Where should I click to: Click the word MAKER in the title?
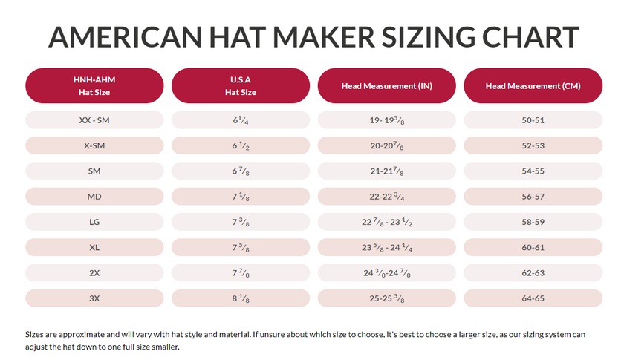[x=318, y=37]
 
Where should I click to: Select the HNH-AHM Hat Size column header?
[x=94, y=85]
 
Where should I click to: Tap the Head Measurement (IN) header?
[x=386, y=86]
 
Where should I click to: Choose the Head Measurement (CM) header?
[x=533, y=86]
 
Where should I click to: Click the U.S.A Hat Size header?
[x=241, y=85]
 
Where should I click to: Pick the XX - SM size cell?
[x=94, y=120]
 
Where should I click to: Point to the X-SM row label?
[x=94, y=145]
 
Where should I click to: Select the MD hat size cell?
[x=94, y=197]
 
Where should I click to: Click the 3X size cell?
[x=94, y=298]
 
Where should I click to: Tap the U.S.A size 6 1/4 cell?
[x=241, y=120]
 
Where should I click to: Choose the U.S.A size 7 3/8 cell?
[x=241, y=222]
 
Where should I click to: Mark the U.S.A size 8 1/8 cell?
[x=241, y=298]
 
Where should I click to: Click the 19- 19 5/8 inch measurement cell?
[x=386, y=120]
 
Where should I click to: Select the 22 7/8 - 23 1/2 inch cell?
[x=386, y=222]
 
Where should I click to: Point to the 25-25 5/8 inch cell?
[x=386, y=298]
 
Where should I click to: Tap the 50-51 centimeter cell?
[x=533, y=120]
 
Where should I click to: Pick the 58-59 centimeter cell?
[x=533, y=222]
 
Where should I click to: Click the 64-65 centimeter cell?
[x=533, y=298]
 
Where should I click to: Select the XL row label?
[x=94, y=247]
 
